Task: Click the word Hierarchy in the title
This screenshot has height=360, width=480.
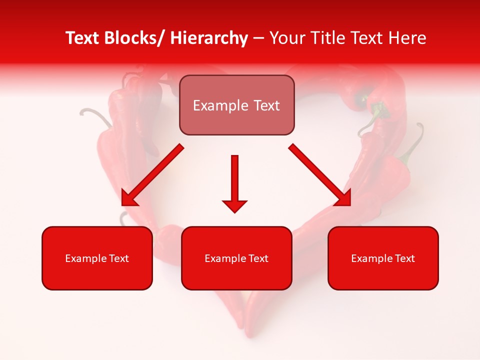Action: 209,38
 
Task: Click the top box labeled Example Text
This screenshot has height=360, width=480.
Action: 236,105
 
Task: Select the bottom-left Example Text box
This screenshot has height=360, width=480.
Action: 97,258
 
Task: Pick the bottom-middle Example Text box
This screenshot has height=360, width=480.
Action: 236,258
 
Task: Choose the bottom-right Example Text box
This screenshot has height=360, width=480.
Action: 383,258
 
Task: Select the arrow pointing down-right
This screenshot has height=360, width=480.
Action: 320,175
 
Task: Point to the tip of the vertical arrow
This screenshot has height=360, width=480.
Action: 234,212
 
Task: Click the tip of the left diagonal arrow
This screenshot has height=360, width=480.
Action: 123,204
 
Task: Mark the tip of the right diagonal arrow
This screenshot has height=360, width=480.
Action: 349,204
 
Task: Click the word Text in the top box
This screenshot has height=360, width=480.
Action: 265,105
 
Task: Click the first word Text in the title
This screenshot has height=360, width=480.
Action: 82,38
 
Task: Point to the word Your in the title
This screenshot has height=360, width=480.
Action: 285,38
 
